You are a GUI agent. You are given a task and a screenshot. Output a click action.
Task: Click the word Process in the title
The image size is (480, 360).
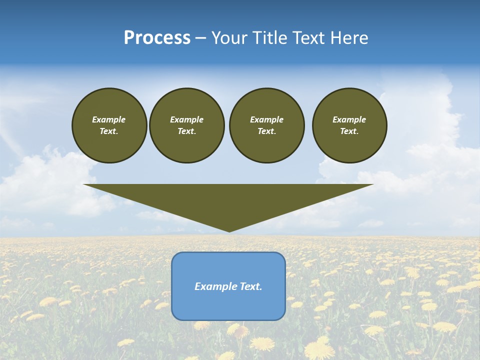pos(157,38)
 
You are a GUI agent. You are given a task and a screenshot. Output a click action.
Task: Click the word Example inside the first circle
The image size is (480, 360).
pos(109,119)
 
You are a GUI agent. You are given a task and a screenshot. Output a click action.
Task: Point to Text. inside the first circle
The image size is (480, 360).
pos(109,131)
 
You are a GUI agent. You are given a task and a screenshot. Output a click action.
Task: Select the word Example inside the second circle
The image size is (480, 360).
pos(187,119)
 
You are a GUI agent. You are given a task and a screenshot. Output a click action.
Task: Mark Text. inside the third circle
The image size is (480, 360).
pos(266,131)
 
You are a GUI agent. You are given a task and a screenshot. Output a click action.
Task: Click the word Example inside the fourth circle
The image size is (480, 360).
pos(349,119)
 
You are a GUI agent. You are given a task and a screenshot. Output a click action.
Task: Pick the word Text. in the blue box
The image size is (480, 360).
pos(251,286)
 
